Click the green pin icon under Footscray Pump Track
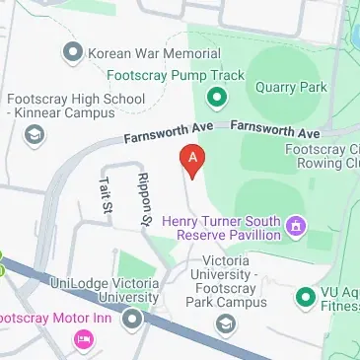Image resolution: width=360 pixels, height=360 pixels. [216, 98]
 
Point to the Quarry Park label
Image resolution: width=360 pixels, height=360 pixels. [291, 87]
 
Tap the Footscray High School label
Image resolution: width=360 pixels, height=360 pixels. [76, 100]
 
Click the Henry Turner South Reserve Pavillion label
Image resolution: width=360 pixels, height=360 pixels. [223, 229]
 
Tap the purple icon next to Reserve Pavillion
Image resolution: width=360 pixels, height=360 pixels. [294, 229]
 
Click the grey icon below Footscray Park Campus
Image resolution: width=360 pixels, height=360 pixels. [226, 323]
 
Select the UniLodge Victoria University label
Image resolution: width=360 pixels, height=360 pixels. [105, 290]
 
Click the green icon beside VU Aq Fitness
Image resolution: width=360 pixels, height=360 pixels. [305, 296]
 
